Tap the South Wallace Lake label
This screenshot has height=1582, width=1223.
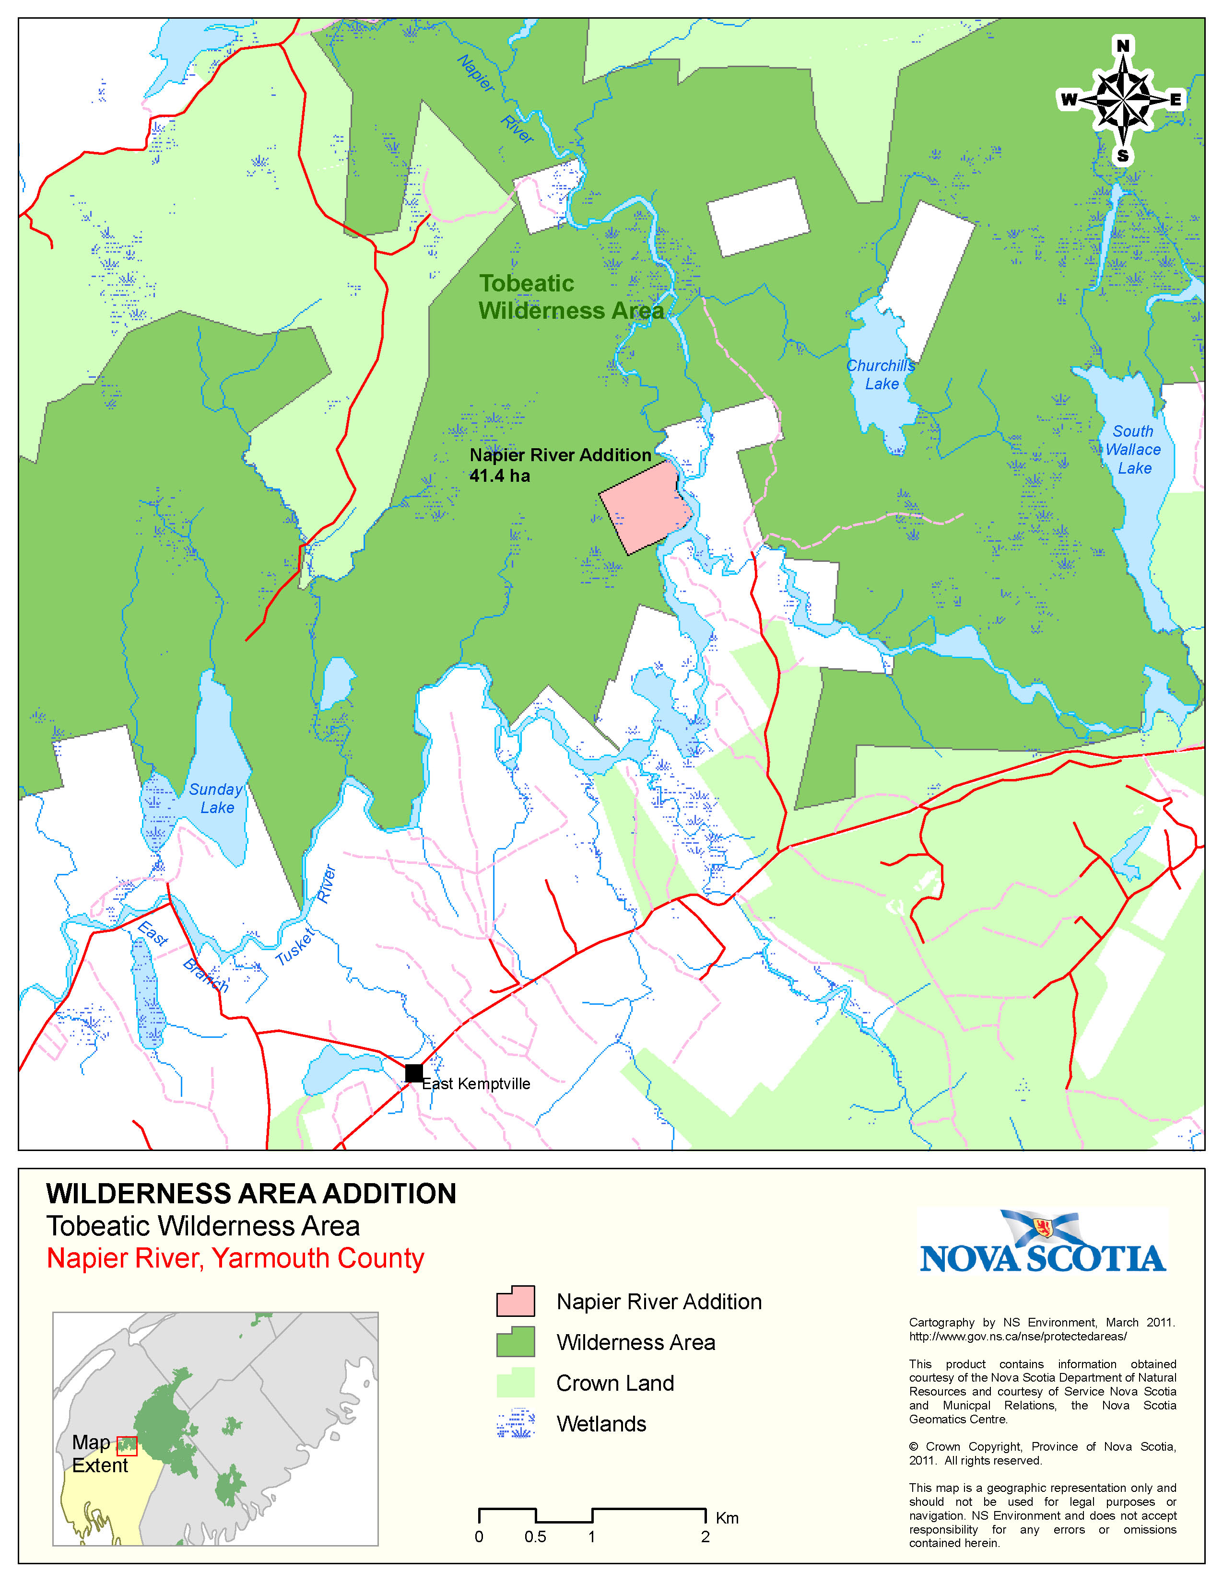coord(1133,450)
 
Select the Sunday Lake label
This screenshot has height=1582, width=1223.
coord(216,798)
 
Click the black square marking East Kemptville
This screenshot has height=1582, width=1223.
coord(414,1073)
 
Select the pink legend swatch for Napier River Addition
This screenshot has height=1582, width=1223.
coord(515,1301)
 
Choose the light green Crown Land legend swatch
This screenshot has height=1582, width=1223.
coord(515,1382)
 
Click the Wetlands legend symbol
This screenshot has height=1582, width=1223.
coord(515,1423)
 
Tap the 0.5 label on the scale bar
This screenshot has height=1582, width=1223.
coord(535,1537)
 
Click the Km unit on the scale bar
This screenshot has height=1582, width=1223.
coord(727,1518)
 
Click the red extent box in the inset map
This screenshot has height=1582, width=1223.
coord(127,1446)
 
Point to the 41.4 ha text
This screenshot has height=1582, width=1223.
coord(499,476)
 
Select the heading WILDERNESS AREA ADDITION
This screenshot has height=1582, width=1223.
coord(251,1194)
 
